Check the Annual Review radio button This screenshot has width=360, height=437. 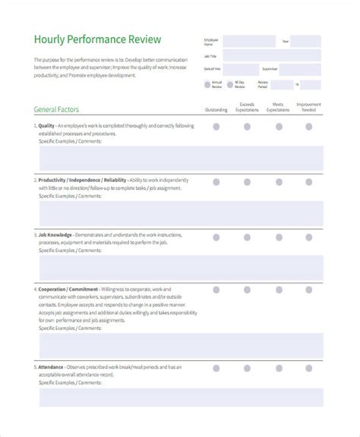[207, 84]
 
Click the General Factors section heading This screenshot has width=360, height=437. [59, 108]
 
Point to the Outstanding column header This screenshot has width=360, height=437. [216, 109]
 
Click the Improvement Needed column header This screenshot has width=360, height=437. [308, 107]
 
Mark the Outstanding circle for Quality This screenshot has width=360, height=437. [216, 127]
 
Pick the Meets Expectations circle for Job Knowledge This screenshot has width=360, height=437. [277, 237]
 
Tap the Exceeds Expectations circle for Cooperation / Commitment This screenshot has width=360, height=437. [247, 289]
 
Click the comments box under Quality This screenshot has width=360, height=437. [181, 158]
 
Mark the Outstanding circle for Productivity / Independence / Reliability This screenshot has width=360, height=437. [216, 182]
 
